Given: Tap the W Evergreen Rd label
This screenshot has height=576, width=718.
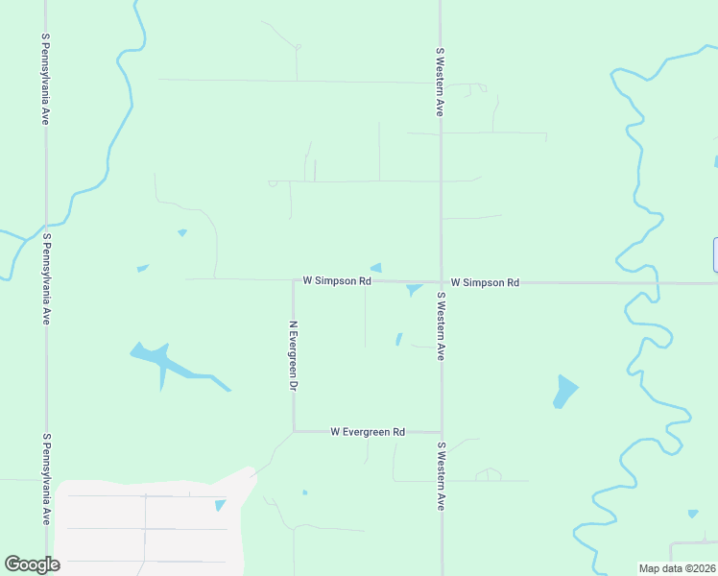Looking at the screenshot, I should pyautogui.click(x=368, y=432).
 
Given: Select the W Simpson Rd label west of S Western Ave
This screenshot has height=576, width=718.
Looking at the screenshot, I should pyautogui.click(x=336, y=281).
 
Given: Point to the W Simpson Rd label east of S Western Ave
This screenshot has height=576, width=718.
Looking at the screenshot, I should pyautogui.click(x=485, y=282).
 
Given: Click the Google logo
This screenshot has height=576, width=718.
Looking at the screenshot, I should pyautogui.click(x=32, y=564).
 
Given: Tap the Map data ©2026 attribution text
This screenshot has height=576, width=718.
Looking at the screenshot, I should pyautogui.click(x=677, y=568).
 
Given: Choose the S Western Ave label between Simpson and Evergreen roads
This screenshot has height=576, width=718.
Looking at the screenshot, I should pyautogui.click(x=441, y=326).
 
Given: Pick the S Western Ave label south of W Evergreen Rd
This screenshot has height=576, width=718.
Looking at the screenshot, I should pyautogui.click(x=441, y=476).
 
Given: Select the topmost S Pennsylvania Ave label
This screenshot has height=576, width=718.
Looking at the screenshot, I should pyautogui.click(x=45, y=79).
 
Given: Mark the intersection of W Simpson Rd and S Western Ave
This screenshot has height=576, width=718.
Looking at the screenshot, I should pyautogui.click(x=441, y=282).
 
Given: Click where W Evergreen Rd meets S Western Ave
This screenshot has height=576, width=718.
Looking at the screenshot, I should pyautogui.click(x=441, y=432).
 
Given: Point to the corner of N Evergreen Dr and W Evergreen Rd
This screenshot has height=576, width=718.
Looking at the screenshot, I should pyautogui.click(x=294, y=431).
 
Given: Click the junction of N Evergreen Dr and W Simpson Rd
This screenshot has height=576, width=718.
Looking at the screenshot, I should pyautogui.click(x=294, y=280).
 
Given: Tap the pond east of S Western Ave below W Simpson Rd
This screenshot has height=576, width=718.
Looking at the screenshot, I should pyautogui.click(x=564, y=390).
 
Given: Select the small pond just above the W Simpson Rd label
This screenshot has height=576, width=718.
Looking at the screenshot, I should pyautogui.click(x=376, y=268).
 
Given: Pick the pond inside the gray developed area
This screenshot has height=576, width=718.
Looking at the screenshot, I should pyautogui.click(x=221, y=505).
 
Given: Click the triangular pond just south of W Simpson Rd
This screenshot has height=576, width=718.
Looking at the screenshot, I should pyautogui.click(x=414, y=289).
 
